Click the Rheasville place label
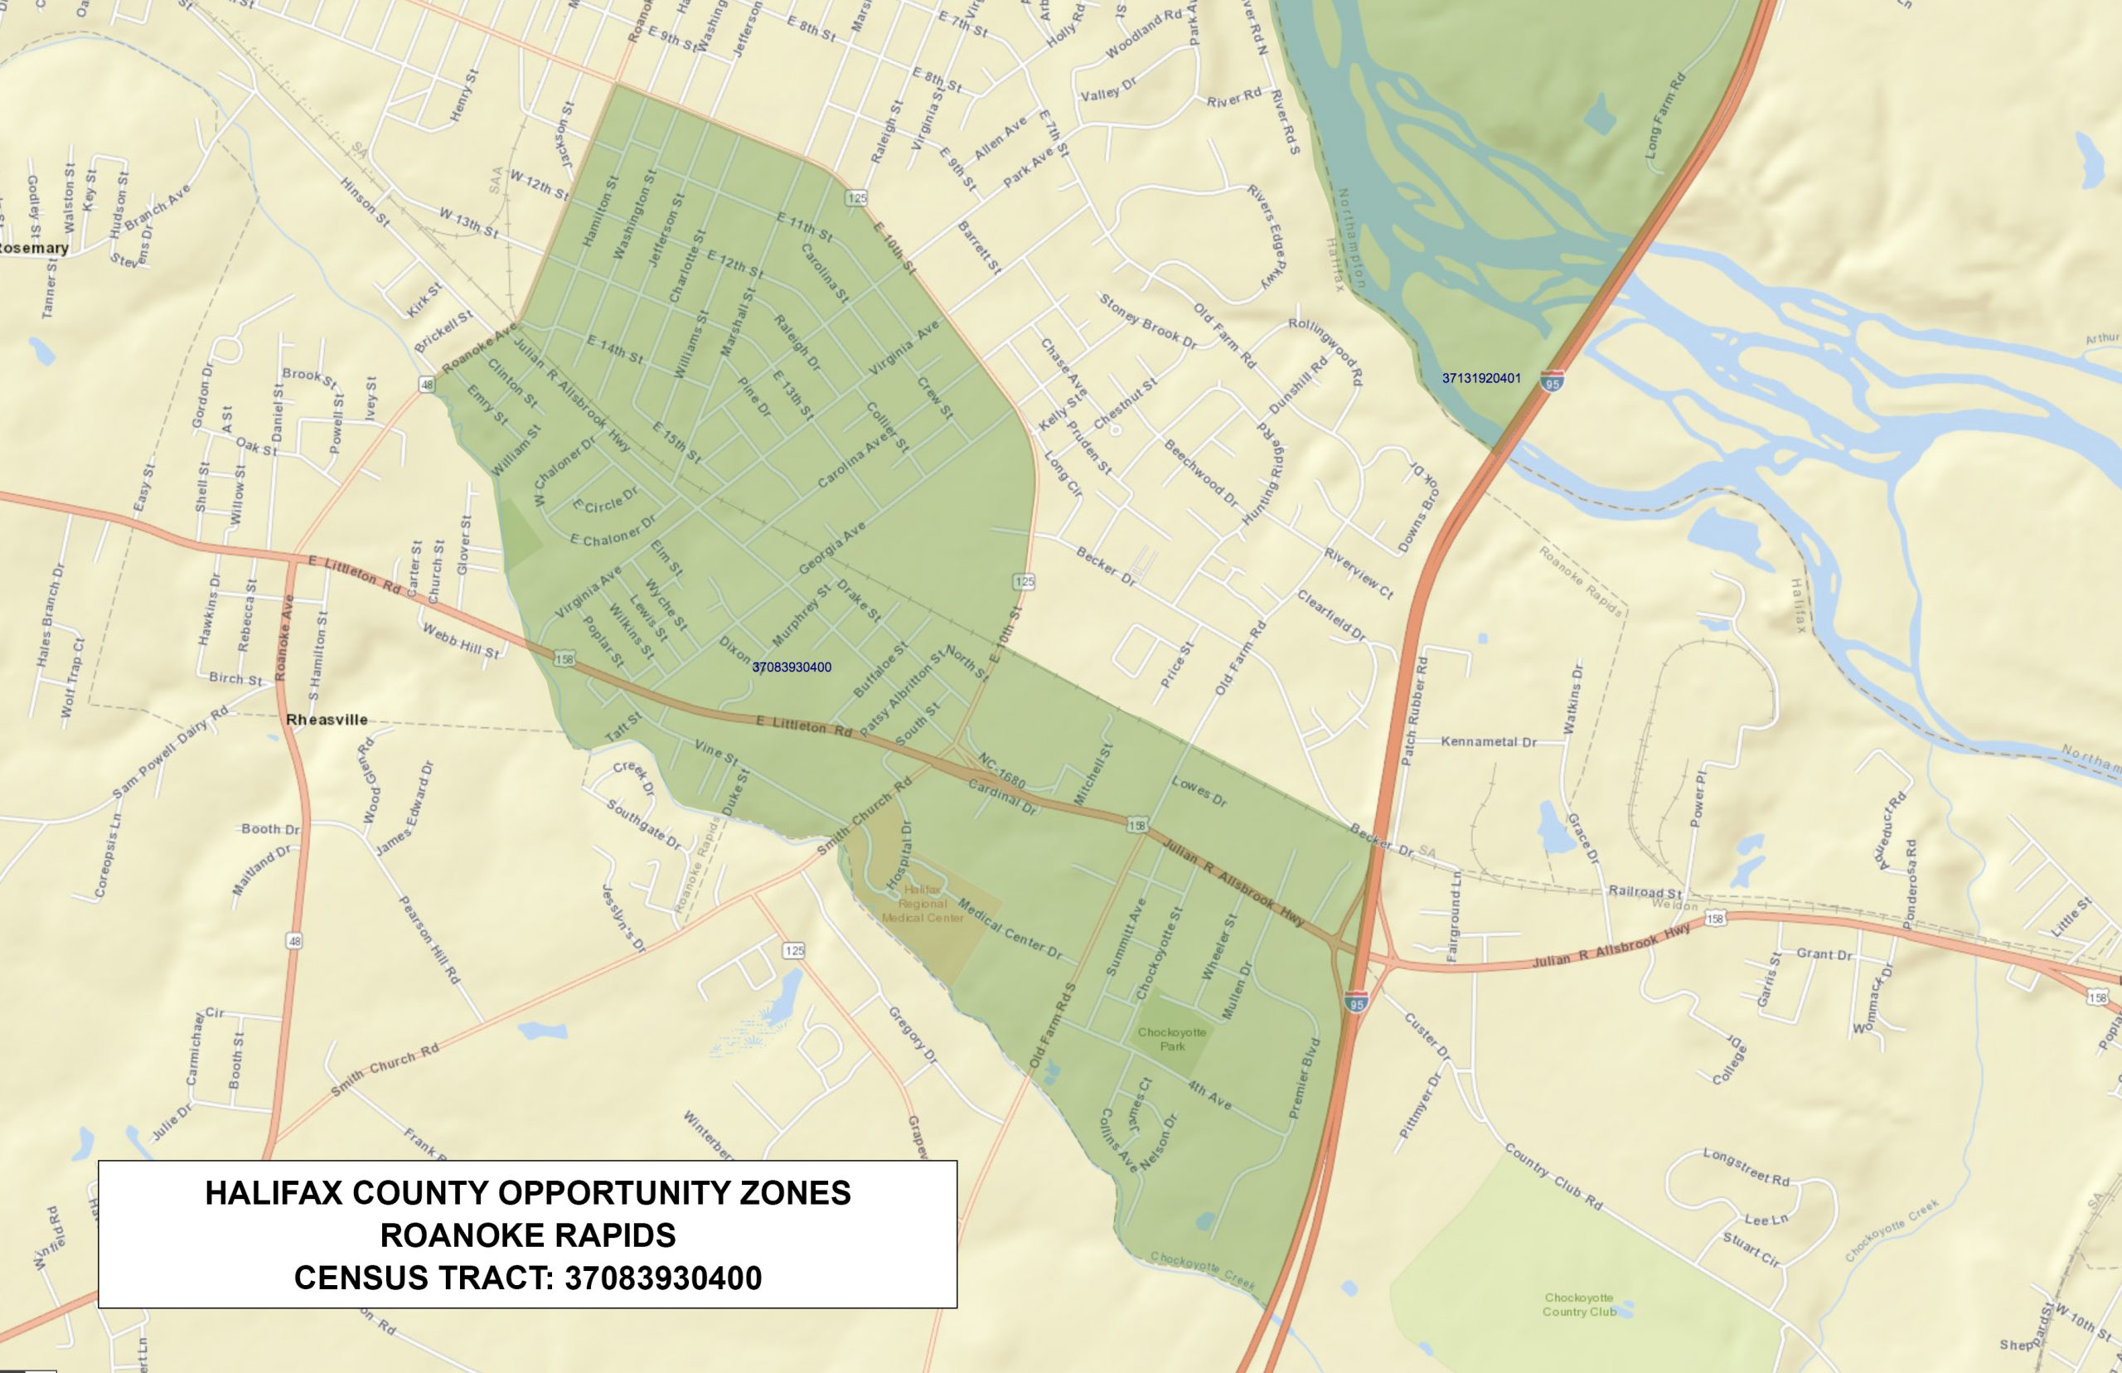(x=327, y=720)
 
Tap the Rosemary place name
(x=34, y=248)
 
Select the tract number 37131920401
(x=1481, y=378)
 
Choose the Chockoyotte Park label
(x=1172, y=1039)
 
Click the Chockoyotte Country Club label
(x=1579, y=1304)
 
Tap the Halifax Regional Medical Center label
(x=923, y=903)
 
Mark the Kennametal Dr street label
(x=1489, y=742)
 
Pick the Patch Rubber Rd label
(x=1414, y=711)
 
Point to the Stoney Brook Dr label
(x=1148, y=319)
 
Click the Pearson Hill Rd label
(x=429, y=939)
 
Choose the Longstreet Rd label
(x=1746, y=1167)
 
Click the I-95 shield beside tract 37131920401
(x=1553, y=381)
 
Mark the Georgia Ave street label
(x=831, y=547)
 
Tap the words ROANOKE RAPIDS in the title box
(x=528, y=1235)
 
